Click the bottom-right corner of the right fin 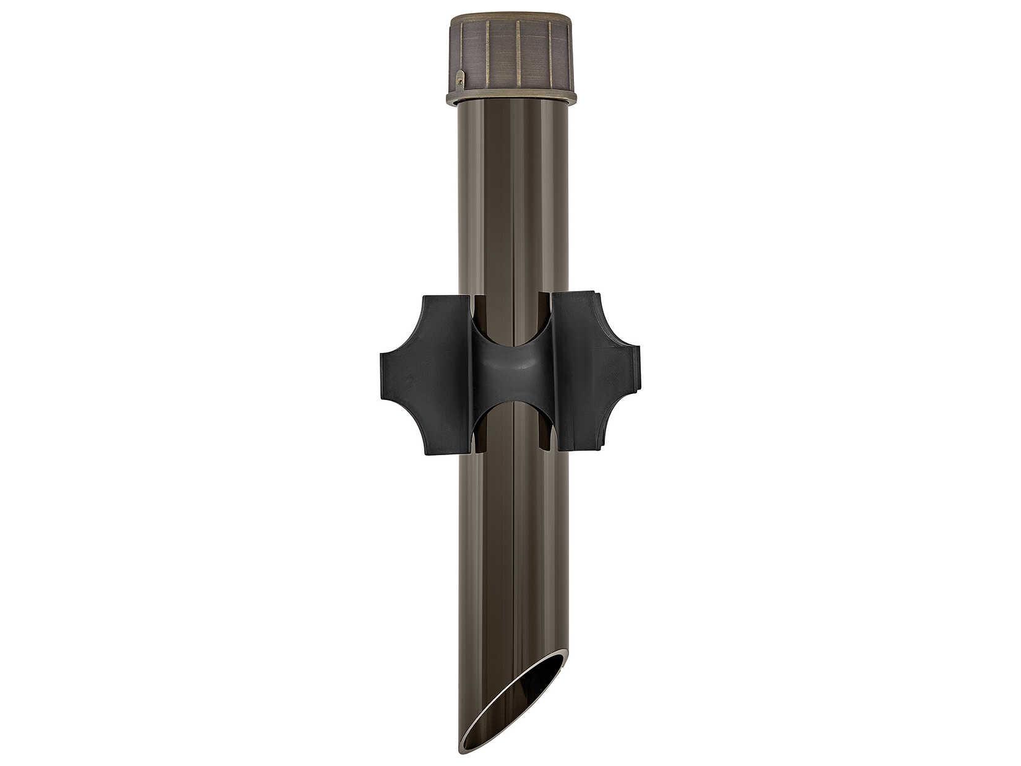599,447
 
